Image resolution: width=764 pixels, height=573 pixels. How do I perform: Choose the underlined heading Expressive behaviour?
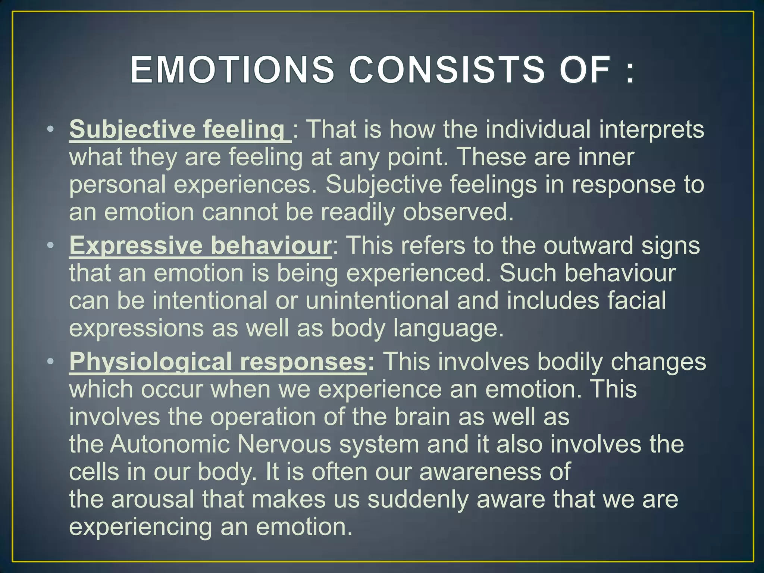coord(200,246)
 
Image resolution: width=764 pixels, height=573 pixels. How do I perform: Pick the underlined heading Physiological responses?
coord(218,362)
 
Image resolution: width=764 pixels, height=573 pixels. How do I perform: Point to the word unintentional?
coord(377,301)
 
